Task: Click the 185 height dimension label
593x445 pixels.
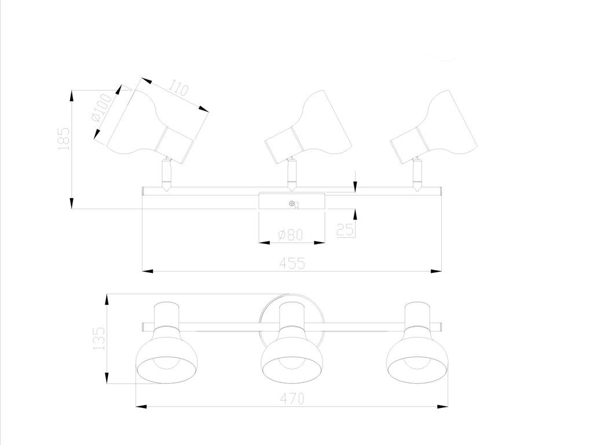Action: tap(64, 139)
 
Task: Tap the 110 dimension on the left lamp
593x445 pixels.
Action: tap(178, 87)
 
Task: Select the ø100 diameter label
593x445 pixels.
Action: tap(102, 107)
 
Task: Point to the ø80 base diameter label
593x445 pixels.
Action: tap(291, 235)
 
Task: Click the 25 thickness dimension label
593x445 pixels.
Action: tap(345, 229)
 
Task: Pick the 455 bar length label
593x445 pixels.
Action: tap(292, 263)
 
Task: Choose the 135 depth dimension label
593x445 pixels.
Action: tap(99, 338)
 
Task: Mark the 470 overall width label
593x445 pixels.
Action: tap(292, 399)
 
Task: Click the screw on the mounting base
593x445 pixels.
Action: tap(292, 203)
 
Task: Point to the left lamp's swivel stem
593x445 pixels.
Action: tap(166, 174)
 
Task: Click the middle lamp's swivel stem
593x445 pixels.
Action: tap(291, 174)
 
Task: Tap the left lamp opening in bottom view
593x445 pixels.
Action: tap(167, 369)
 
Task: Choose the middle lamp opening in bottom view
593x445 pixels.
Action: tap(292, 369)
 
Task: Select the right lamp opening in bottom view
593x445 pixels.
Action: tap(418, 369)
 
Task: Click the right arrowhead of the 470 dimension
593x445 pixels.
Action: tap(442, 407)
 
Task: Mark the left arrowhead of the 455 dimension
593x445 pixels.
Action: tap(148, 271)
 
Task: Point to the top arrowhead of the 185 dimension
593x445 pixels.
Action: tap(71, 96)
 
